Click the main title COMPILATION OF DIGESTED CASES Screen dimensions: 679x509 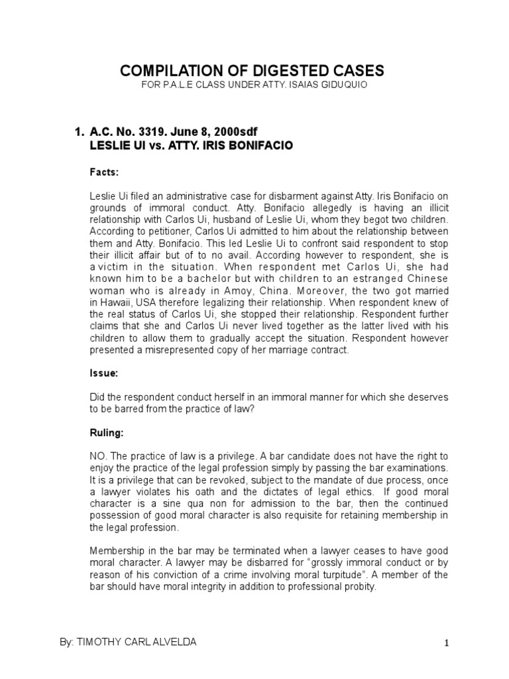tap(251, 71)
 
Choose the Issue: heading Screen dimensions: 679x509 tap(104, 373)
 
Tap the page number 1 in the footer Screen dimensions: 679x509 tap(447, 643)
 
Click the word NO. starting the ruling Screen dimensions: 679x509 tap(98, 456)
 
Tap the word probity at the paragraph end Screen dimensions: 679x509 tap(361, 586)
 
